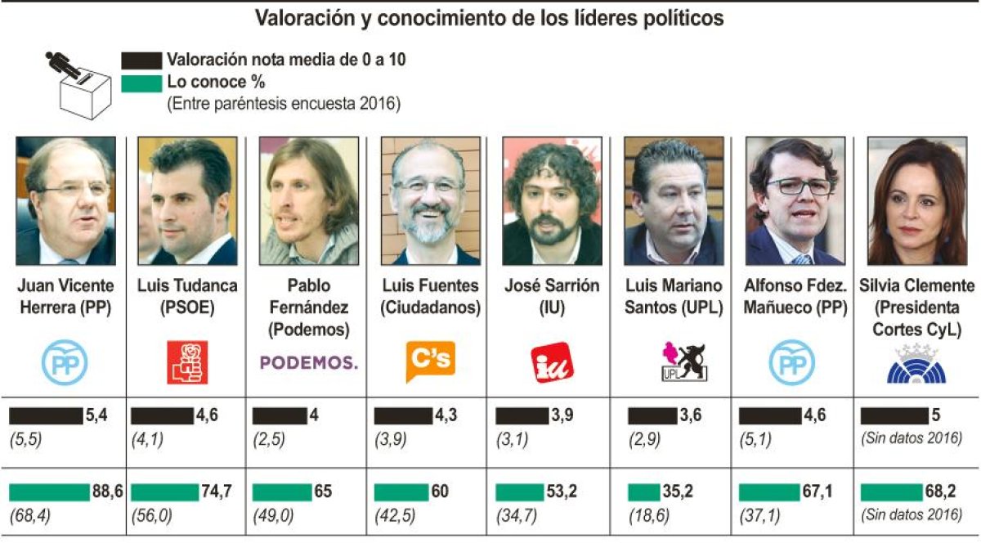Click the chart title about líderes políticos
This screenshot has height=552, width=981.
[x=489, y=18]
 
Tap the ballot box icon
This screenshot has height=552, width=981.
[x=80, y=86]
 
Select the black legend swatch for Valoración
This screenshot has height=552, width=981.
[x=141, y=61]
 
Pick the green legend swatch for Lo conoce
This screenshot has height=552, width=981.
[x=141, y=83]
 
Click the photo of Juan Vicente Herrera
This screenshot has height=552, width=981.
[x=66, y=200]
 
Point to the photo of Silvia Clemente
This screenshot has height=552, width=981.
[x=916, y=200]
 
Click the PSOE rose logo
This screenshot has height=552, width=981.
[x=187, y=362]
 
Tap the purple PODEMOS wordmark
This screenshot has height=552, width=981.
[x=309, y=362]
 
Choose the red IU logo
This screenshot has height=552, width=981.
[x=552, y=362]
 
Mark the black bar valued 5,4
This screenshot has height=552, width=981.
[x=46, y=415]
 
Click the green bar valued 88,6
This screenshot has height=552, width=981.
[x=49, y=492]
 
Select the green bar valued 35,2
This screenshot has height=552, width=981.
[x=643, y=492]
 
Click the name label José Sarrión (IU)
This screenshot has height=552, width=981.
[x=552, y=297]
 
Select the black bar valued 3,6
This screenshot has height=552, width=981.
[x=652, y=415]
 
